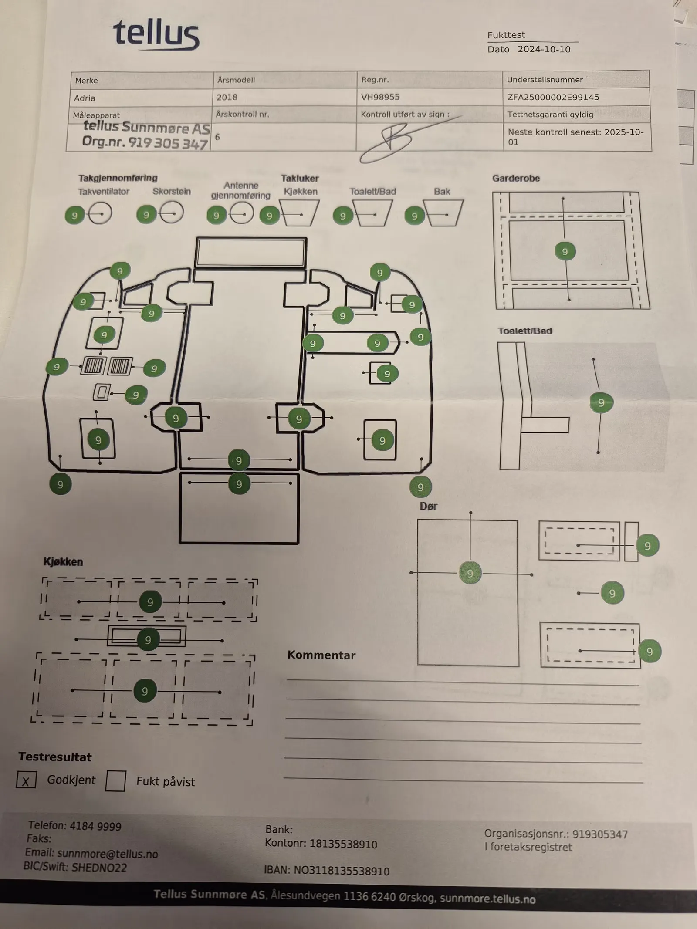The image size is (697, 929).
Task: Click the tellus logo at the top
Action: (156, 34)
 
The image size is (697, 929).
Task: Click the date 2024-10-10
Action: (544, 49)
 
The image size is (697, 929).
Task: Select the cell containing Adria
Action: (85, 98)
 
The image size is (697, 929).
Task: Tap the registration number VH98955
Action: (380, 97)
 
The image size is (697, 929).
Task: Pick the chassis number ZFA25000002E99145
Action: (553, 97)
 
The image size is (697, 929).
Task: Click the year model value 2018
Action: (227, 97)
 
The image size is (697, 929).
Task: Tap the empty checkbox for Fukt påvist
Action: (115, 781)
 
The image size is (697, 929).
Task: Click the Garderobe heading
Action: (516, 178)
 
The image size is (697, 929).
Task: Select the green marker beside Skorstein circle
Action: (146, 215)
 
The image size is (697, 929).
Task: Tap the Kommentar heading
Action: (321, 655)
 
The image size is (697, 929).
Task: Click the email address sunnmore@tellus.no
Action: (107, 853)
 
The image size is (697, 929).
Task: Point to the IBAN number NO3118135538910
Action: (342, 871)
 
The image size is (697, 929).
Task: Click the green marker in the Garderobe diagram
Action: (565, 251)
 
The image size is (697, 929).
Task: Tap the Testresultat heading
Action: (55, 757)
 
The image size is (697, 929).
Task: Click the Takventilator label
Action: (104, 192)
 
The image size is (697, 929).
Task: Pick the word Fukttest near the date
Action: (506, 35)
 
